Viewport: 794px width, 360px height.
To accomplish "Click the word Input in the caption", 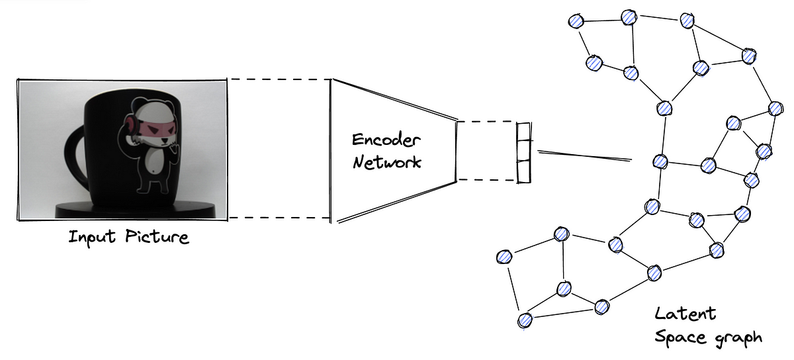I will click(x=91, y=236).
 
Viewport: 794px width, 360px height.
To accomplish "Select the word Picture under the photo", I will click(x=157, y=237).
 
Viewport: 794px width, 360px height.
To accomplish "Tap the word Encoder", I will click(x=386, y=140).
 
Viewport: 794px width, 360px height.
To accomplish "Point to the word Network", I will click(x=386, y=161).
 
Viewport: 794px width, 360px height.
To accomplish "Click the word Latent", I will click(x=685, y=313).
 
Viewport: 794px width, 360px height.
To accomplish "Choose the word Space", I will click(x=678, y=337).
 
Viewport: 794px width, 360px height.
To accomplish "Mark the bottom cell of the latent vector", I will click(x=524, y=173).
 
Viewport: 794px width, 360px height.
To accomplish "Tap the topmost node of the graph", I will click(x=627, y=17).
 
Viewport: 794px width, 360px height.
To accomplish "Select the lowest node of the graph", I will click(x=525, y=321).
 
